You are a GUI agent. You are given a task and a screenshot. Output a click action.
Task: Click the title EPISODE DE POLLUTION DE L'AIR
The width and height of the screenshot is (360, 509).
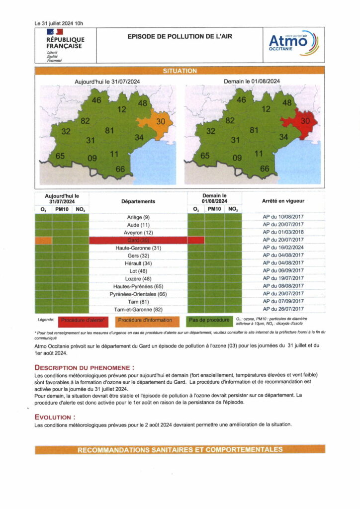click(180, 36)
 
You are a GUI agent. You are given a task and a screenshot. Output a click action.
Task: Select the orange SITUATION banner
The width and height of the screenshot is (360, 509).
click(180, 71)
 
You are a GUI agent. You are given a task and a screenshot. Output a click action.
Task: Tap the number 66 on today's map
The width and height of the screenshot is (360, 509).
click(120, 169)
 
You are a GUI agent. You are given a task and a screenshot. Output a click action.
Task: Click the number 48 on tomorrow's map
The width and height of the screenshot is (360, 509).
click(287, 103)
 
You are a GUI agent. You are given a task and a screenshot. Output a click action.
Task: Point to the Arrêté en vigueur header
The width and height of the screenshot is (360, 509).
click(283, 201)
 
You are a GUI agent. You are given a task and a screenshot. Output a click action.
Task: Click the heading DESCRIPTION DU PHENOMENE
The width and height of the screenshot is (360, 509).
click(85, 367)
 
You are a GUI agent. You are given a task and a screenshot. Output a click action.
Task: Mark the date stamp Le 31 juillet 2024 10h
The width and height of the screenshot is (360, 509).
click(59, 23)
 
